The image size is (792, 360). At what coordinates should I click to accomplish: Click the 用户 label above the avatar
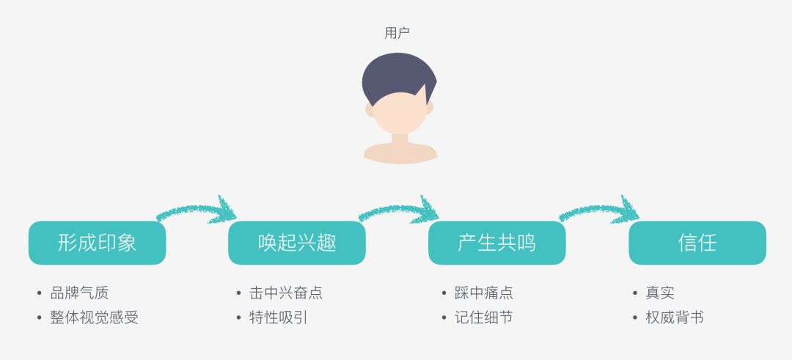[397, 33]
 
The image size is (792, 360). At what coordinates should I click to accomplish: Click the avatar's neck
[400, 139]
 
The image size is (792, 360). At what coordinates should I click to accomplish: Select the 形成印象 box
[97, 243]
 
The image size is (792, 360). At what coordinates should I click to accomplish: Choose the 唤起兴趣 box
[297, 243]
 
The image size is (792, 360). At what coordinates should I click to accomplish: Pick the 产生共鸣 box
[497, 243]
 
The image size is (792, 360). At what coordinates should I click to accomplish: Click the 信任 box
[697, 243]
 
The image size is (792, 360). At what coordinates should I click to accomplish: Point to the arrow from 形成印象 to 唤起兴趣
[197, 210]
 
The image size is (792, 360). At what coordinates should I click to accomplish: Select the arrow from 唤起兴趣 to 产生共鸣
[398, 210]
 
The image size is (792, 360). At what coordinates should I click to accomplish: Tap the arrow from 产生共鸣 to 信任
[599, 210]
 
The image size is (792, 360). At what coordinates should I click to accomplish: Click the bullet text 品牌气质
[79, 293]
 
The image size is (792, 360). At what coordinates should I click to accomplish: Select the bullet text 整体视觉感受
[94, 317]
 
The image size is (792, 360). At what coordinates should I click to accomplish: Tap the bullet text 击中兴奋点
[286, 293]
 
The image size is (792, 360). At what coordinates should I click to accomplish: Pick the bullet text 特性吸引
[279, 317]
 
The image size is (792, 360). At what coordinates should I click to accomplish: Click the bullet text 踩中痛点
[484, 293]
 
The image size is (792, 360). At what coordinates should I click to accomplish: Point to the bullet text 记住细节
[484, 317]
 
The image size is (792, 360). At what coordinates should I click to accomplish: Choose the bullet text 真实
[660, 293]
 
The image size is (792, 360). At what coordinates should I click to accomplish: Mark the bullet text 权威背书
[675, 317]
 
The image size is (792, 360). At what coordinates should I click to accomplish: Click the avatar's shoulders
[400, 153]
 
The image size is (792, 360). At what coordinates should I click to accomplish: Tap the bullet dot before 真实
[636, 293]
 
